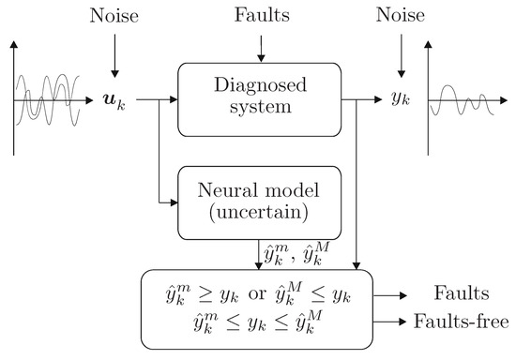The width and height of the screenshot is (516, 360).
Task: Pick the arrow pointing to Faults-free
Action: pyautogui.click(x=393, y=322)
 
